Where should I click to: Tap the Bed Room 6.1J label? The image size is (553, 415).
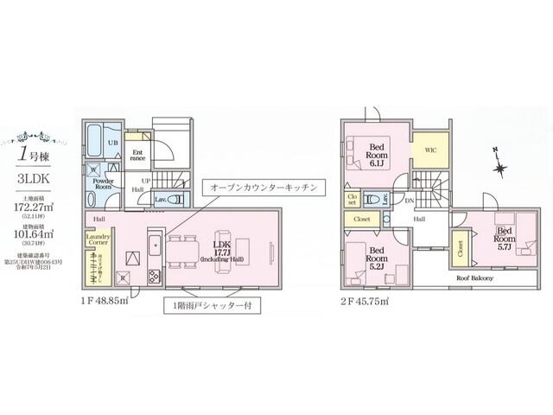point(377,152)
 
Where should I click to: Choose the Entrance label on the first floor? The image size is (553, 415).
point(137,154)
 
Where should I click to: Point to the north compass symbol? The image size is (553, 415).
point(499,163)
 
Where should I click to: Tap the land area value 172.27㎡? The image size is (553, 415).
point(34,208)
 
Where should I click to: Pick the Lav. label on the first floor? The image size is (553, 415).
point(160,200)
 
